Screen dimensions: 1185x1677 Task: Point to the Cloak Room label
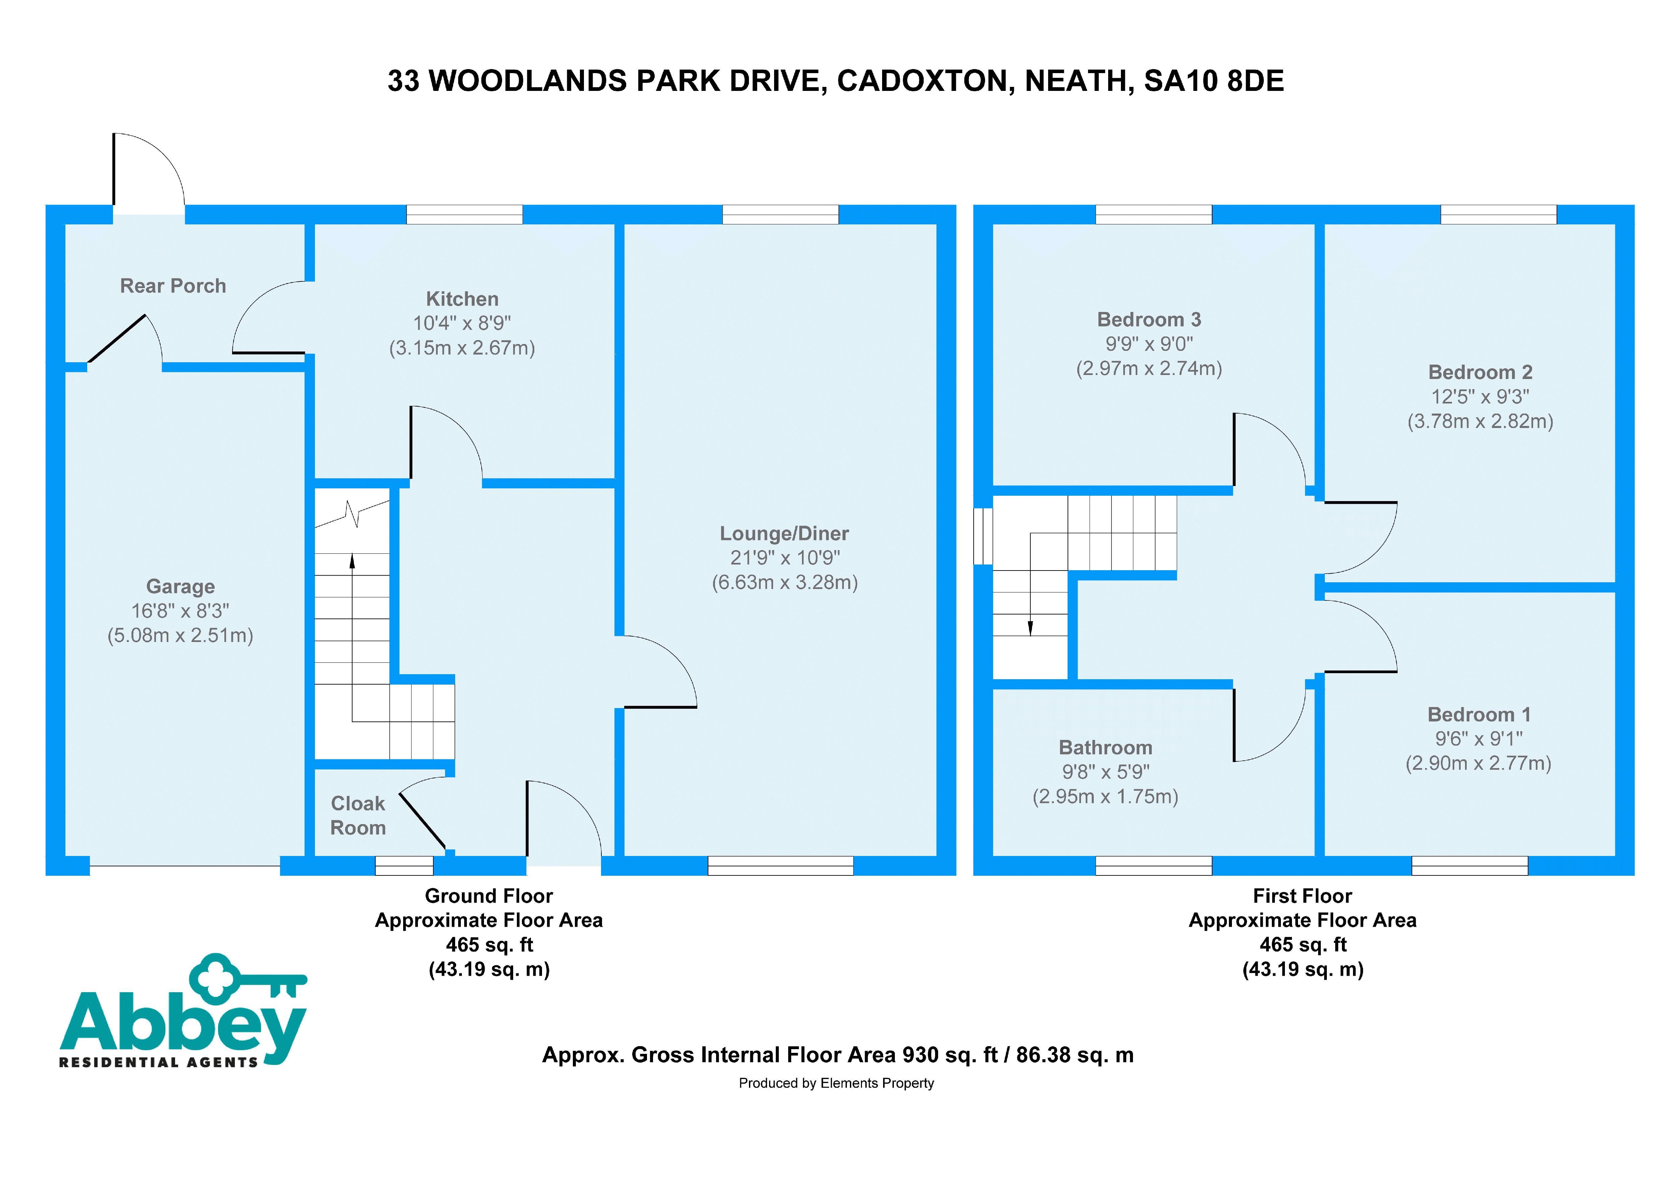358,815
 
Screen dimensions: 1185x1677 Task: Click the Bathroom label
1105,747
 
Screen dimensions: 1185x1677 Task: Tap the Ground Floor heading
489,896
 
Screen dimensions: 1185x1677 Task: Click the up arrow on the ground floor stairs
352,561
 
